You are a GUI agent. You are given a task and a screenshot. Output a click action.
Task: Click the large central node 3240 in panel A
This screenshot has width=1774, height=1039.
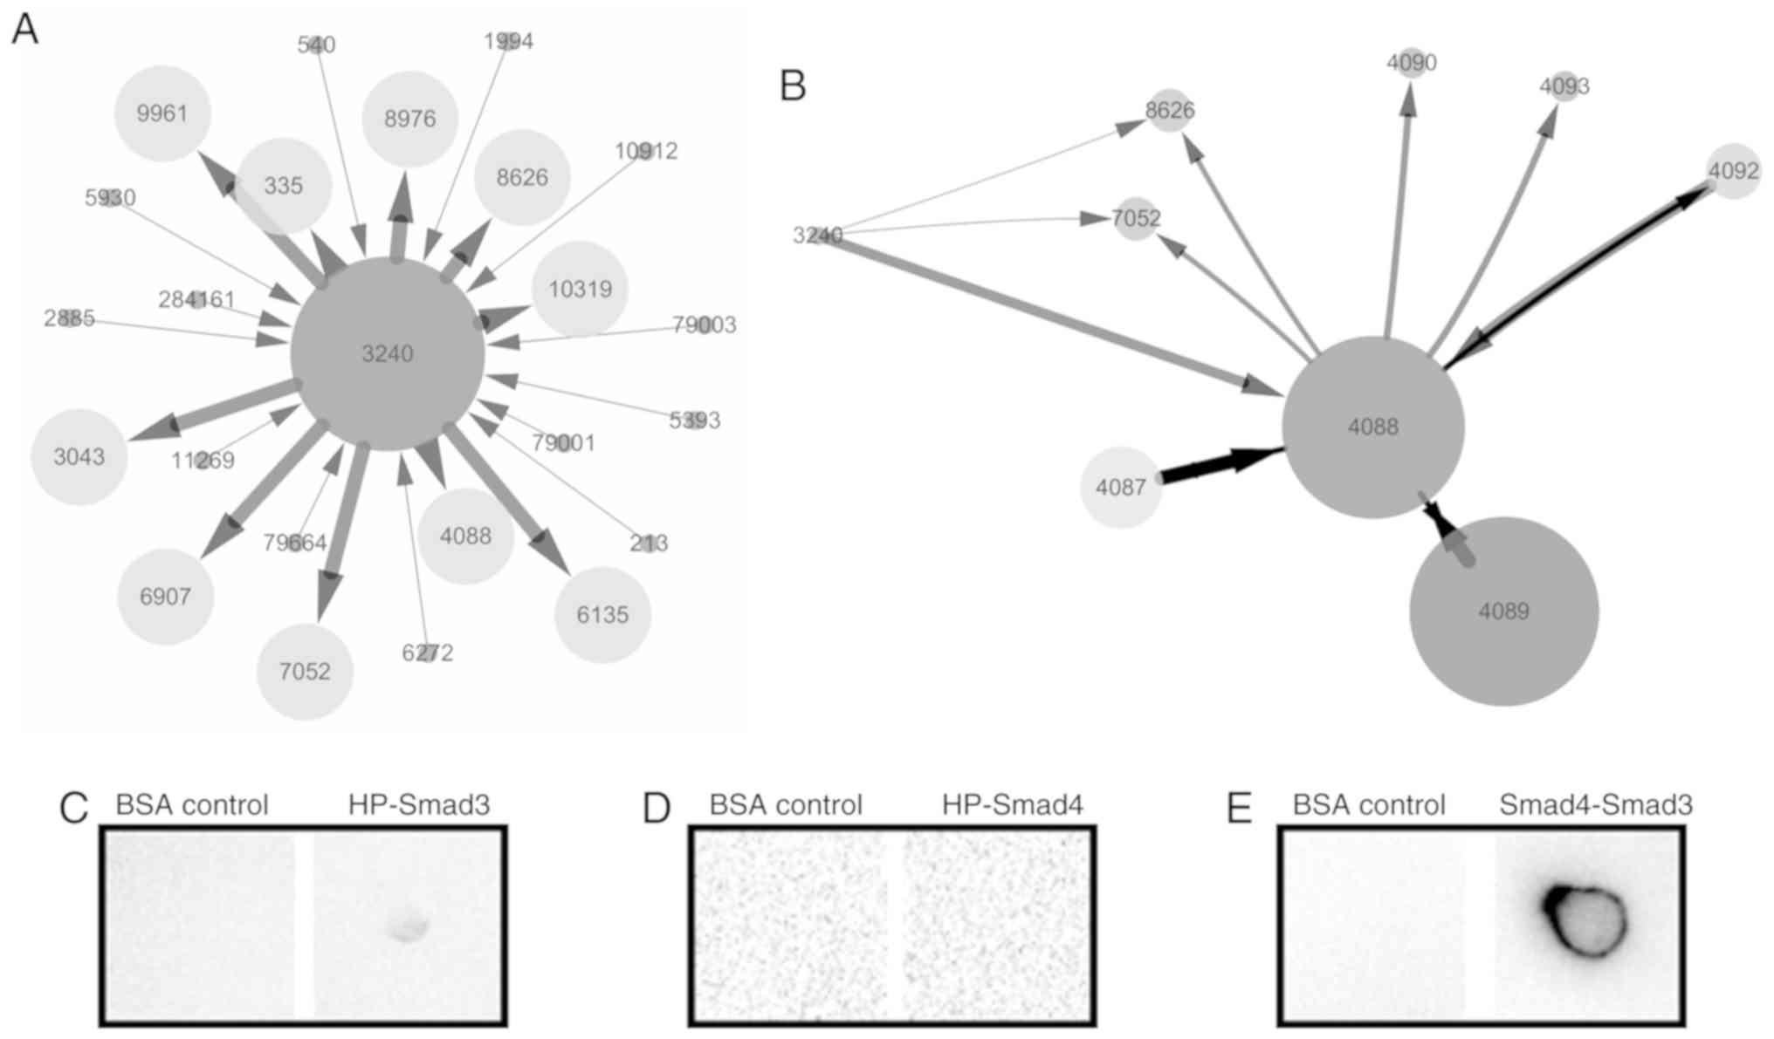(x=388, y=353)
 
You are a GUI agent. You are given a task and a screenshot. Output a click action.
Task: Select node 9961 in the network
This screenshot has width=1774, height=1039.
(x=162, y=113)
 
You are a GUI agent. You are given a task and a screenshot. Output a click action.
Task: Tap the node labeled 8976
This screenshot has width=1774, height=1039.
(x=410, y=119)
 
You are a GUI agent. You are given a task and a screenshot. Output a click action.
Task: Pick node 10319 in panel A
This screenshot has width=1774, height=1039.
(x=581, y=289)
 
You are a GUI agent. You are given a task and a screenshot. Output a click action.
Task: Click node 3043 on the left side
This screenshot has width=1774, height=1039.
(x=79, y=456)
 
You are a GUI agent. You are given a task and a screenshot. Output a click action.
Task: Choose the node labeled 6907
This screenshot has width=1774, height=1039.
(x=166, y=597)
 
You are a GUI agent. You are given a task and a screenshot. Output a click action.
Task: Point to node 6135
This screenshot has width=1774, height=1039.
(x=602, y=615)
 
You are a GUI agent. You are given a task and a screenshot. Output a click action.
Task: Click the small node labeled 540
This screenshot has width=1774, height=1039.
(x=317, y=44)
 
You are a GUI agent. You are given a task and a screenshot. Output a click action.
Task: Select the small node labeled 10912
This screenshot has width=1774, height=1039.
(x=645, y=151)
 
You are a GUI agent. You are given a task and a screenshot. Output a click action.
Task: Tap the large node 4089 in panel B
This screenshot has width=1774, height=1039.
(x=1503, y=611)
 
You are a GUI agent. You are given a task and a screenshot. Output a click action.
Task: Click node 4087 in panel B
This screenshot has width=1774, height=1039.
(x=1121, y=487)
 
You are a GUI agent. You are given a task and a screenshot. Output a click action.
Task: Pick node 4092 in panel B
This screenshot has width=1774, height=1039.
(x=1733, y=171)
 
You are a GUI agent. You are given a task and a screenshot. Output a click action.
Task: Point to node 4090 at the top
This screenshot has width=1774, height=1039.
(x=1412, y=63)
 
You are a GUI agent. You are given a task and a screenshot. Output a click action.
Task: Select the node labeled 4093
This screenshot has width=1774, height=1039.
(x=1564, y=86)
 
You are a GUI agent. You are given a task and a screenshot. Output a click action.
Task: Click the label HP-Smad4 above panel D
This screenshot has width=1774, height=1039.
(x=1013, y=804)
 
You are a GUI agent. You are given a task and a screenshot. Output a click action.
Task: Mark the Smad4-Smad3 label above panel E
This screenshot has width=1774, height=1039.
(x=1596, y=804)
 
